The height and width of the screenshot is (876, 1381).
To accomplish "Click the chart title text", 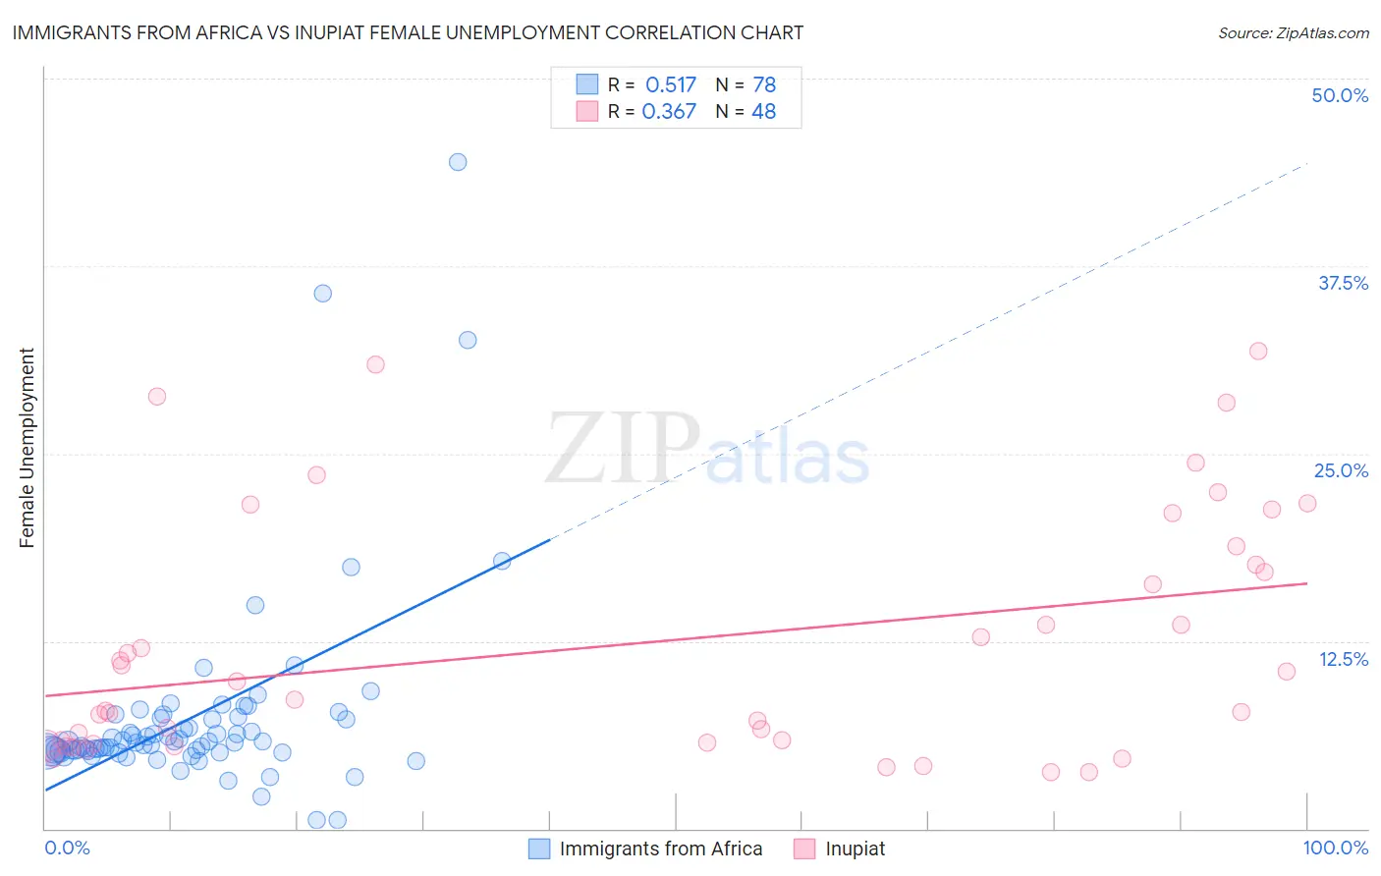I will click(x=408, y=33).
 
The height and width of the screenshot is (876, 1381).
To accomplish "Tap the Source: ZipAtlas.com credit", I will click(x=1293, y=33).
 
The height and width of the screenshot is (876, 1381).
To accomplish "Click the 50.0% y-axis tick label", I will click(x=1340, y=95).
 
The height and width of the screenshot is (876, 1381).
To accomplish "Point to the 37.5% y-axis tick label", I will click(x=1343, y=283).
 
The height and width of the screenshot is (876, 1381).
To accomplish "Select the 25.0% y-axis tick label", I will click(x=1341, y=470).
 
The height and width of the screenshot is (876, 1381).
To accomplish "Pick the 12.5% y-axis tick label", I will click(x=1343, y=659).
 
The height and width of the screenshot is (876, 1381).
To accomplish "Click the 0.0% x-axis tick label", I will click(x=67, y=848).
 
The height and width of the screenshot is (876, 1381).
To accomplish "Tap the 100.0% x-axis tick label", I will click(x=1335, y=848).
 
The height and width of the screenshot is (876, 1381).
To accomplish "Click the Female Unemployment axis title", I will click(x=27, y=448).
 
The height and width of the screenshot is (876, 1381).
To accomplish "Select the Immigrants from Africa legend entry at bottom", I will click(x=660, y=849).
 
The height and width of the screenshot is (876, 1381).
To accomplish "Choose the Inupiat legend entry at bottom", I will click(x=855, y=849).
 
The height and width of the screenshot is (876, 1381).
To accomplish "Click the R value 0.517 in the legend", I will click(x=671, y=85).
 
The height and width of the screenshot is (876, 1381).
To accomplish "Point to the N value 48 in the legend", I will click(x=763, y=112).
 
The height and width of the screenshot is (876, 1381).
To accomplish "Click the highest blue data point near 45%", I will click(x=458, y=162).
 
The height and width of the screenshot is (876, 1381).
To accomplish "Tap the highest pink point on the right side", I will click(x=1258, y=351).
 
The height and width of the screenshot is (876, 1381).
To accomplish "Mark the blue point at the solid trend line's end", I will click(x=502, y=561).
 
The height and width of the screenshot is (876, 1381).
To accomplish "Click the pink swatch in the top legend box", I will click(x=587, y=111).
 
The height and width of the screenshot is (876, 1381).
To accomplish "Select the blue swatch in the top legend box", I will click(x=587, y=84).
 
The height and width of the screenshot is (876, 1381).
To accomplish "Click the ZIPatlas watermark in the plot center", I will click(x=707, y=449).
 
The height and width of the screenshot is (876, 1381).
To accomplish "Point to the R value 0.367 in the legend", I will click(x=669, y=112).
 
